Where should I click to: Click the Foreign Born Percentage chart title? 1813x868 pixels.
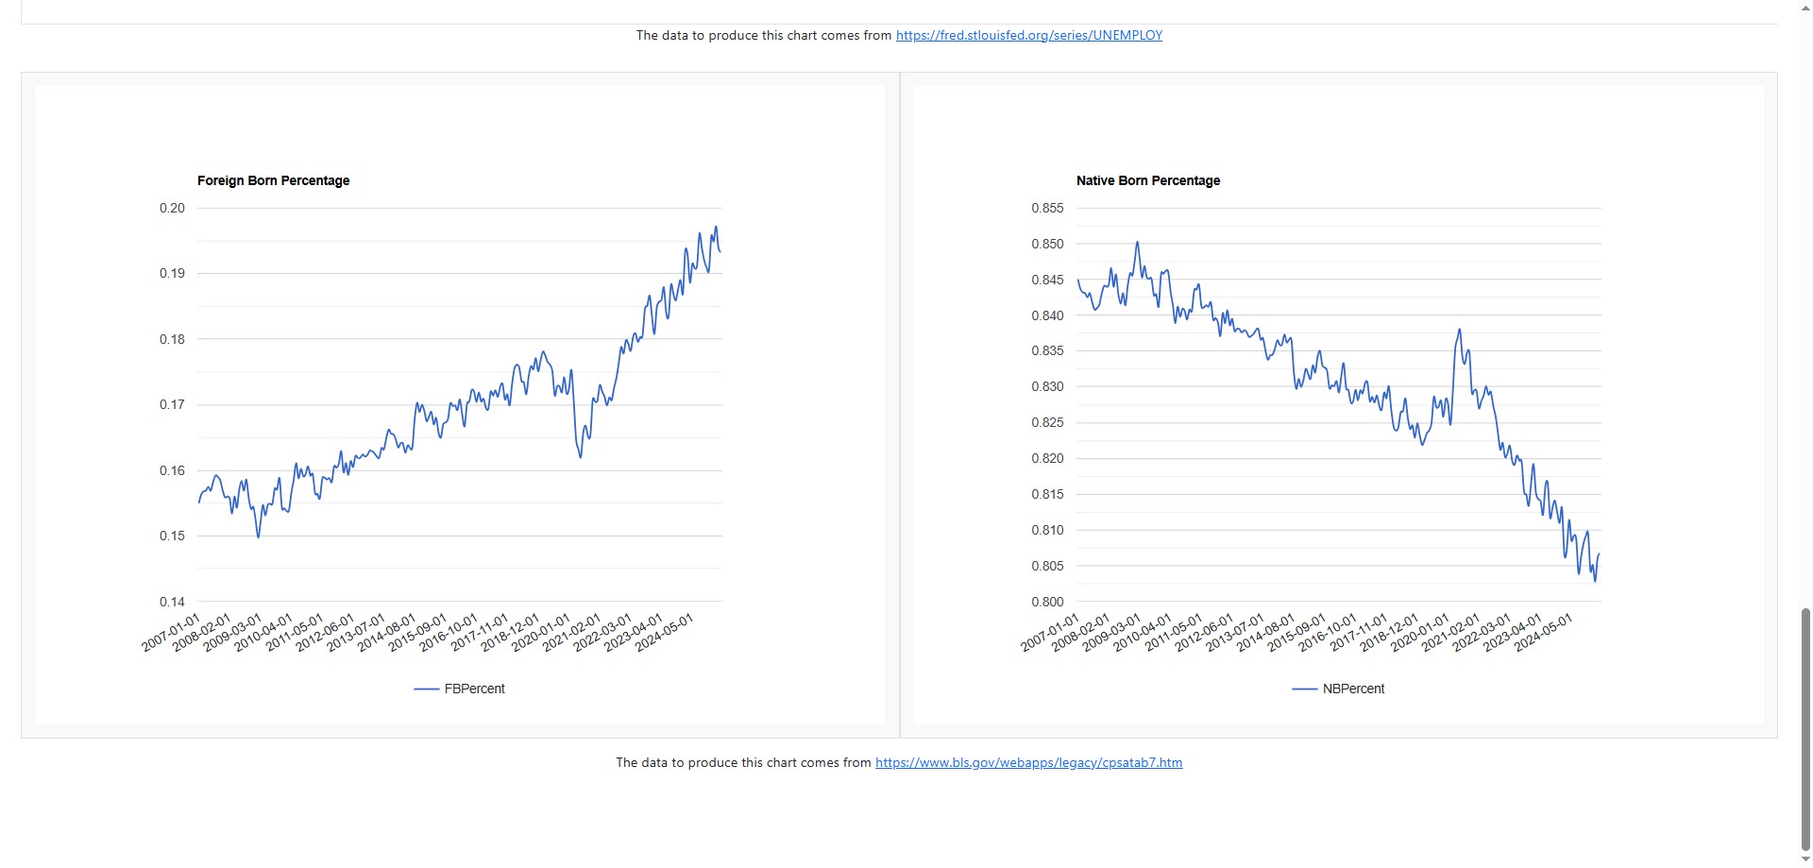273,180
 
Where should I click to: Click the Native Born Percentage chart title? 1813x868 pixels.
1147,180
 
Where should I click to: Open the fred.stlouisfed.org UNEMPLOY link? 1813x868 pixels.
1028,35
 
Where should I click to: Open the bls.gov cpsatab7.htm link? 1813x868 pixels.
1028,762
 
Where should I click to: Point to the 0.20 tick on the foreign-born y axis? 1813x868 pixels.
172,208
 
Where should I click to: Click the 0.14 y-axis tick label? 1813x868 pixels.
172,602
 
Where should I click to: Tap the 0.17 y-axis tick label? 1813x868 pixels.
172,404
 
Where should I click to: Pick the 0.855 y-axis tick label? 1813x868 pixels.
1046,208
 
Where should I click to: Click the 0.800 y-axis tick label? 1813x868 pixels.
1046,602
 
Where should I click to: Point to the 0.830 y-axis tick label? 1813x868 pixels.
1046,386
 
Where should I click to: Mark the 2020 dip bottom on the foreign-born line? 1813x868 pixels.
581,457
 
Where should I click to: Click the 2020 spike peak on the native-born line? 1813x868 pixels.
1459,330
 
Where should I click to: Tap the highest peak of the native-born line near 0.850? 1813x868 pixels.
1137,242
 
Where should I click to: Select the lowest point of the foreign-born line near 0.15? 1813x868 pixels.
259,537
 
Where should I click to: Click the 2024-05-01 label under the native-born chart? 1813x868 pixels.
1544,632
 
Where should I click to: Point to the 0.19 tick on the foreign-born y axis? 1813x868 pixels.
172,273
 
